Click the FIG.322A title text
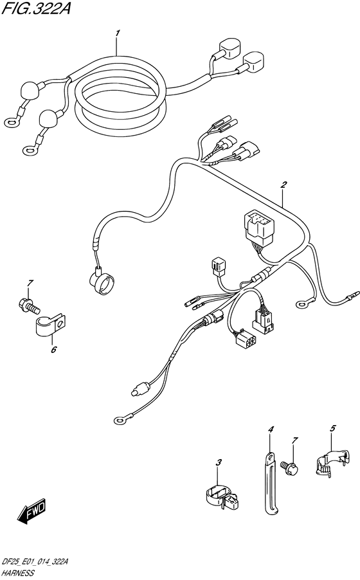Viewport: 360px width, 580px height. point(36,8)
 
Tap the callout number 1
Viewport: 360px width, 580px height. point(117,33)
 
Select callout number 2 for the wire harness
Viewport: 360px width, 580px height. point(283,185)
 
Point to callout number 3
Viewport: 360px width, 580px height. point(219,462)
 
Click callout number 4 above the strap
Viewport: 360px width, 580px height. point(271,430)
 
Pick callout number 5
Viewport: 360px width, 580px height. point(332,429)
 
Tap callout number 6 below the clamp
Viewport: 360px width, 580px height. point(54,349)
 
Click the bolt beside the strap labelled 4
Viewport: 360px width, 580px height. point(291,466)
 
